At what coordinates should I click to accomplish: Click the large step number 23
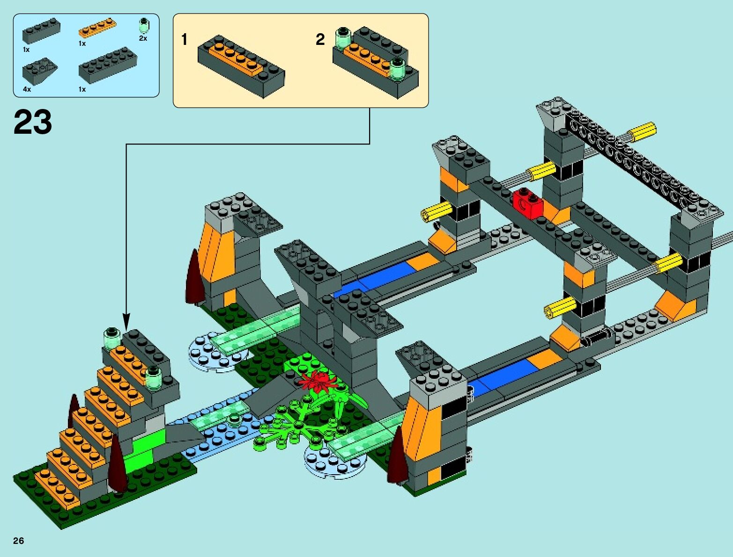click(x=33, y=123)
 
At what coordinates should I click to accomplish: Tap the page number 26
click(x=18, y=541)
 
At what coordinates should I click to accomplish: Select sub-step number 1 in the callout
click(x=185, y=40)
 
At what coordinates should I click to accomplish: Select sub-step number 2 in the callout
click(x=320, y=40)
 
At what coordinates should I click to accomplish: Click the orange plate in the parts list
click(x=97, y=28)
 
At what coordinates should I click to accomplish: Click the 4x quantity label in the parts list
click(x=27, y=89)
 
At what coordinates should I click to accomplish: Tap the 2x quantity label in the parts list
click(x=143, y=38)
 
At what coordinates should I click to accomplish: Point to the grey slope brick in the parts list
click(x=39, y=69)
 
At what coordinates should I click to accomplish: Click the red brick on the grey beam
click(x=527, y=202)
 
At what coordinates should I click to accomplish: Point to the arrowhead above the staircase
click(x=126, y=323)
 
